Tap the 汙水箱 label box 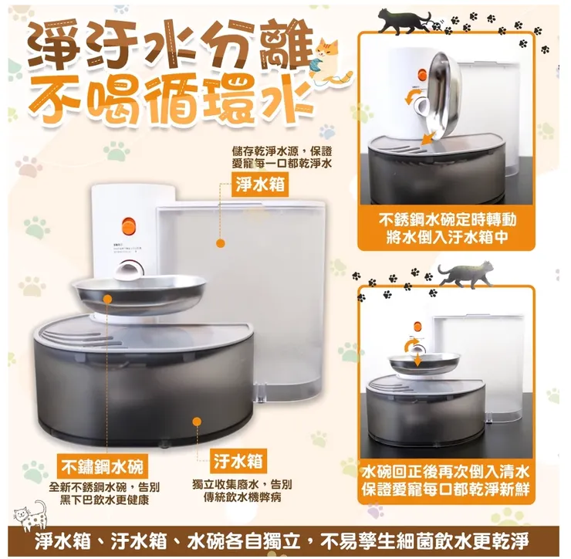[x=238, y=461]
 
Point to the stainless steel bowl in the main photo [x=139, y=292]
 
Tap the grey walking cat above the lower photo [x=467, y=274]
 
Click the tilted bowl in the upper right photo [x=443, y=97]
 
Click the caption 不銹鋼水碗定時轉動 [x=447, y=219]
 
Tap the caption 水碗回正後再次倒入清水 [x=447, y=472]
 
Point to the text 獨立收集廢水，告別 [x=242, y=484]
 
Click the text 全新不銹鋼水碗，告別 [x=104, y=487]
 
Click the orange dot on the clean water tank [x=221, y=243]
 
